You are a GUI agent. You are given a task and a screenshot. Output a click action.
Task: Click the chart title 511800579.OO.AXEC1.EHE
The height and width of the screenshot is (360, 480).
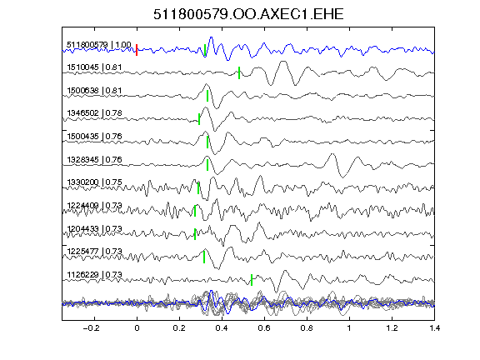pos(248,14)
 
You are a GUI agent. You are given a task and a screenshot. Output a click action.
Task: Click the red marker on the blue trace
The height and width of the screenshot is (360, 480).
pos(137,50)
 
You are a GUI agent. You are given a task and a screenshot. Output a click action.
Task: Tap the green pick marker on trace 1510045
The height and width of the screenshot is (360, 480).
pos(239,72)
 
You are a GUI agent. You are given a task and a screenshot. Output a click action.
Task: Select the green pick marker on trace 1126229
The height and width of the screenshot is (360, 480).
pos(252,280)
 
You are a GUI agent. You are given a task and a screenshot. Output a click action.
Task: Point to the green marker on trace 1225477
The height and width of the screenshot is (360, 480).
pos(204,257)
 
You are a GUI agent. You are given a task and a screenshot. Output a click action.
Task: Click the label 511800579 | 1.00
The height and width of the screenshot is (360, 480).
pos(99,45)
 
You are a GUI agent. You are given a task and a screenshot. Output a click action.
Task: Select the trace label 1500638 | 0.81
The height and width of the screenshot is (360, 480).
pos(94,91)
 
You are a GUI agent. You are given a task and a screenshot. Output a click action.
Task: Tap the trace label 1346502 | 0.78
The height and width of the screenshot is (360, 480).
pos(94,113)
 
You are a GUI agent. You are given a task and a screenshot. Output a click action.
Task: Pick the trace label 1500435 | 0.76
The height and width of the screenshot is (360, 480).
pos(94,136)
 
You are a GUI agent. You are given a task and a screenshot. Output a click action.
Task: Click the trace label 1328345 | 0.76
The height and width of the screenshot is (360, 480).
pos(94,159)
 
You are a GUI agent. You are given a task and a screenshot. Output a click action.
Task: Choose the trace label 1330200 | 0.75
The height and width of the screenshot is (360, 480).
pos(94,182)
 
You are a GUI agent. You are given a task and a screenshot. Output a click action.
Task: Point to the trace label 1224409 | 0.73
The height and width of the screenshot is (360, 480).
pos(94,205)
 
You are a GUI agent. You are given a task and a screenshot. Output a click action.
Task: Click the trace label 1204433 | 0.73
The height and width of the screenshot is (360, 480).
pos(94,228)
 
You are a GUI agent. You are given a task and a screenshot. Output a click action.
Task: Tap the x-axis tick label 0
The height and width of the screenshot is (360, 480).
pos(137,328)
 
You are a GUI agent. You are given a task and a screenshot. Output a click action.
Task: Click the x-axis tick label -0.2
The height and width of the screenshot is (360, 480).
pos(91,328)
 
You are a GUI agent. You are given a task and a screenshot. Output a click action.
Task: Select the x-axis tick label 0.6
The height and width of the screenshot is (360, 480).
pos(264,328)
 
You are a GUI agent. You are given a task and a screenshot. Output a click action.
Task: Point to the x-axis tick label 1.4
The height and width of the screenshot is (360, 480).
pos(434,328)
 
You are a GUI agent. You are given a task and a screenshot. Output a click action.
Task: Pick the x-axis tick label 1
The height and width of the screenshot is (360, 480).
pos(349,328)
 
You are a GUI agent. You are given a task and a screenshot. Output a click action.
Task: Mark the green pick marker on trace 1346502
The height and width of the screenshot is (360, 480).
pos(199,119)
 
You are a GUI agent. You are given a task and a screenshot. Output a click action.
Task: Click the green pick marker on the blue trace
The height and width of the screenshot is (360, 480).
pos(205,50)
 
